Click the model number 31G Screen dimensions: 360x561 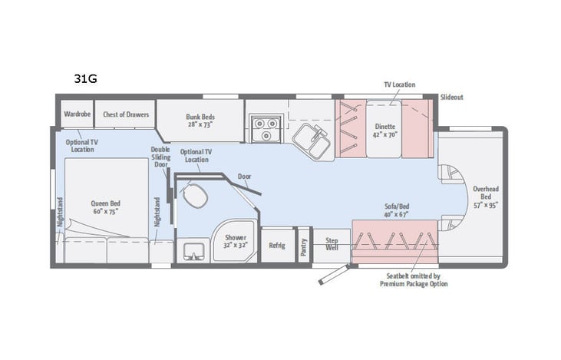click(x=85, y=78)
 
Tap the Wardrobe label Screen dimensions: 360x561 click(x=78, y=114)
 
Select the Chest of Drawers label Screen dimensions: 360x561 click(x=126, y=114)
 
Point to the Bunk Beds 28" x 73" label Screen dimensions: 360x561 click(x=199, y=121)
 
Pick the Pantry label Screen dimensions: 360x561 click(x=305, y=245)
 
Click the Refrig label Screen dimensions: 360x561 click(x=277, y=246)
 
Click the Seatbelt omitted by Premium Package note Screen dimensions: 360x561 click(x=414, y=280)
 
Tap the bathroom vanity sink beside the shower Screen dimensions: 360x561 click(x=190, y=249)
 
